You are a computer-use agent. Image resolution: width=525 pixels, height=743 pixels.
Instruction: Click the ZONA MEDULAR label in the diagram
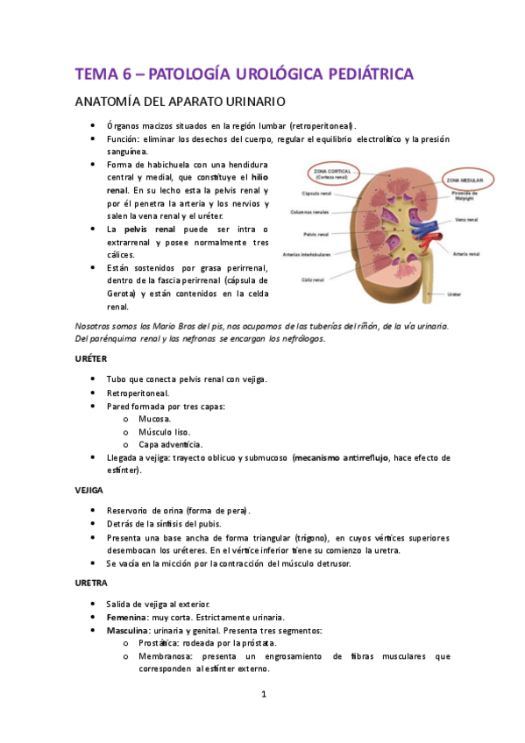[465, 179]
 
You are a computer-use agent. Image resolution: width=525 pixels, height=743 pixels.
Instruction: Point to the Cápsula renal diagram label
[315, 193]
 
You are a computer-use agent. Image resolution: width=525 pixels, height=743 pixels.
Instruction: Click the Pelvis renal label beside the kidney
[316, 234]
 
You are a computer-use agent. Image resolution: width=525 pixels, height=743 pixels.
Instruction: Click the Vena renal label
[467, 221]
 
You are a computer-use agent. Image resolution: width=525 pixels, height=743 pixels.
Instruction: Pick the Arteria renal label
[465, 254]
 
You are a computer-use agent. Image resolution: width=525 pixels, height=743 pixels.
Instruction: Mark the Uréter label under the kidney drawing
[453, 294]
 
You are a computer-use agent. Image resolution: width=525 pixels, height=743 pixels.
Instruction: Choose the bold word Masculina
[129, 630]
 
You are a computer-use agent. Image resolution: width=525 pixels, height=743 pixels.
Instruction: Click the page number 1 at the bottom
[263, 695]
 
